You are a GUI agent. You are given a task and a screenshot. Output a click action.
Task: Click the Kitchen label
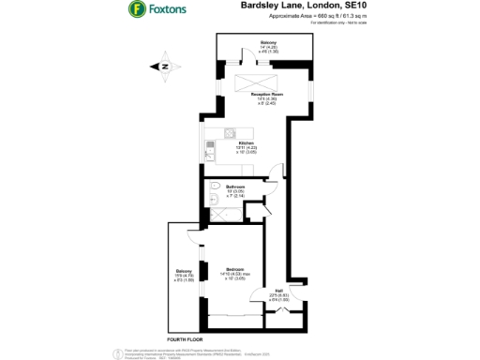click(x=245, y=144)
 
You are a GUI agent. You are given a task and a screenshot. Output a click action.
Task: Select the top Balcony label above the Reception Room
click(x=269, y=46)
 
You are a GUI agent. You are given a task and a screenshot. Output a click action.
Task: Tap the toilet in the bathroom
click(x=215, y=186)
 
